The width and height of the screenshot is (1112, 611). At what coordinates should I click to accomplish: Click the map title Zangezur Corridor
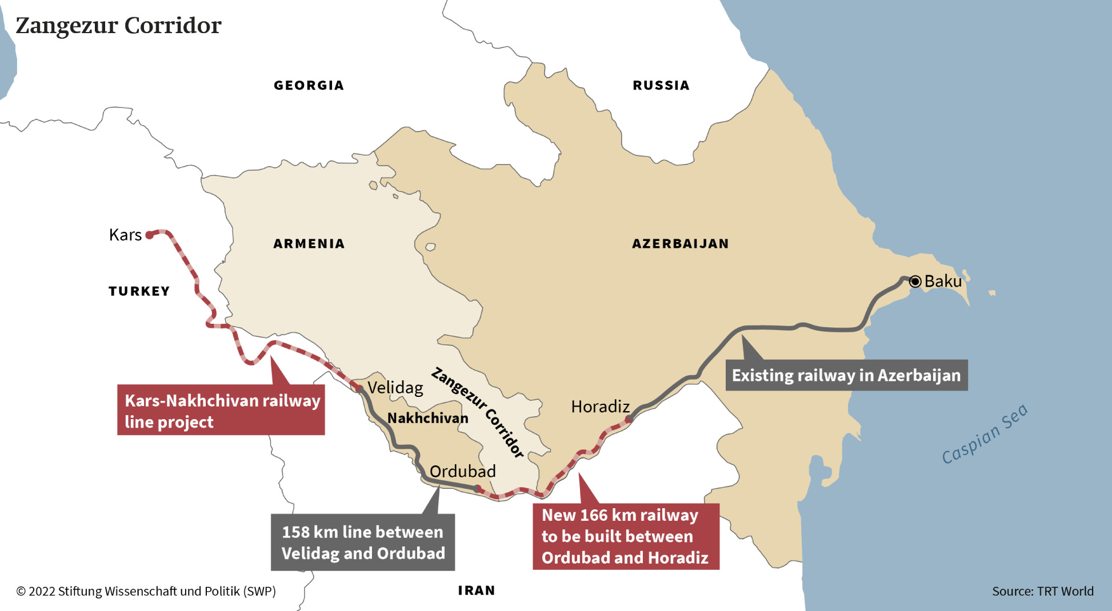[x=118, y=26]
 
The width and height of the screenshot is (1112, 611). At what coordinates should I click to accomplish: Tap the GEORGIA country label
[x=309, y=86]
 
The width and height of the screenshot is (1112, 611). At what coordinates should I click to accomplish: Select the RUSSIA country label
[x=661, y=86]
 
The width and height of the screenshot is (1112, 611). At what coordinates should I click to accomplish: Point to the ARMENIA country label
[x=309, y=244]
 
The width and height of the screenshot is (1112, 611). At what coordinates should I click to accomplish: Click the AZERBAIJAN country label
[x=680, y=244]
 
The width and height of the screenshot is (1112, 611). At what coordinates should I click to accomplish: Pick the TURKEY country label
[x=139, y=291]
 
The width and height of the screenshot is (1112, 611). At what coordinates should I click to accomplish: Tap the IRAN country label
[x=476, y=590]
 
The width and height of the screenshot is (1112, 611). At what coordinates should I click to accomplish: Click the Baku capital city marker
[x=915, y=281]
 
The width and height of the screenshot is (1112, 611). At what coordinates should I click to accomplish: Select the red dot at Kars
[x=150, y=235]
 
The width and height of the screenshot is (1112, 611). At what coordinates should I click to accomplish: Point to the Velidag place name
[x=395, y=388]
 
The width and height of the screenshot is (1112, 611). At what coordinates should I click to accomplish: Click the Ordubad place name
[x=462, y=472]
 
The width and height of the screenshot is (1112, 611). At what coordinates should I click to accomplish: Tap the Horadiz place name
[x=600, y=407]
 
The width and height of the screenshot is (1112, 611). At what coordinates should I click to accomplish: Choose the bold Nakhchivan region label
[x=427, y=419]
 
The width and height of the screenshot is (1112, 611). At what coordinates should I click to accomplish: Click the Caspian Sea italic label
[x=984, y=434]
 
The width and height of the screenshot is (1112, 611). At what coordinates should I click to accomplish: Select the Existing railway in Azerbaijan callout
[x=846, y=375]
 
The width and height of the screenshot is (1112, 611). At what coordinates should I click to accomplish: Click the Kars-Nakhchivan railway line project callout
[x=221, y=411]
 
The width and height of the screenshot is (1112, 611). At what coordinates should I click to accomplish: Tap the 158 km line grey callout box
[x=363, y=542]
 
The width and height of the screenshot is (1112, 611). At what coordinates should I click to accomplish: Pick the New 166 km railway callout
[x=626, y=536]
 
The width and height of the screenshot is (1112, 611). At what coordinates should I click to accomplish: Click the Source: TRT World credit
[x=1042, y=591]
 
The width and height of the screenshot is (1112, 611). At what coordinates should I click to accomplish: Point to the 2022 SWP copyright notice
[x=146, y=591]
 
